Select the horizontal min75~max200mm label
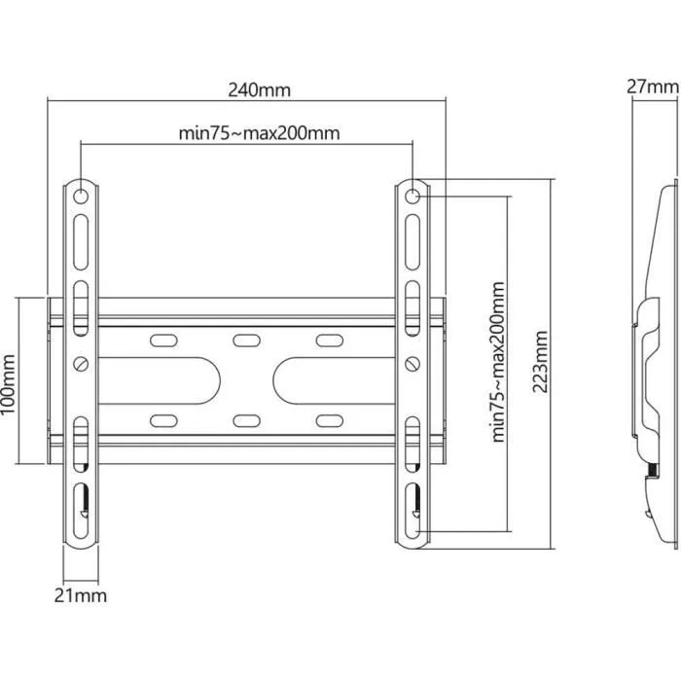[x=259, y=133]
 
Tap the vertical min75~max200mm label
[x=498, y=362]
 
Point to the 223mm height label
[x=541, y=362]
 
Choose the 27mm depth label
[x=652, y=86]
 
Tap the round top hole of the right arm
[x=412, y=196]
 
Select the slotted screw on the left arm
[x=81, y=364]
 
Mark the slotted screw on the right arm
[x=412, y=364]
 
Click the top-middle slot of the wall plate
[x=245, y=341]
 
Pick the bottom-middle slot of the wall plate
[x=245, y=419]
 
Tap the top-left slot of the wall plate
[x=162, y=341]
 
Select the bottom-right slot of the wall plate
[x=328, y=419]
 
